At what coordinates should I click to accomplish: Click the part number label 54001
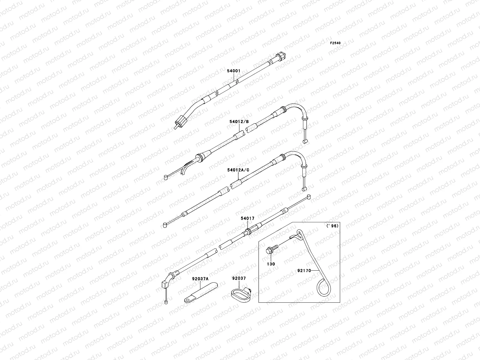pyautogui.click(x=233, y=71)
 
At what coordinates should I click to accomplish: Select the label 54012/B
pyautogui.click(x=239, y=121)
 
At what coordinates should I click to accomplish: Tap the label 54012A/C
pyautogui.click(x=238, y=170)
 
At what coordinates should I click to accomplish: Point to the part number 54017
pyautogui.click(x=247, y=218)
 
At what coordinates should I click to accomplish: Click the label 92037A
pyautogui.click(x=200, y=279)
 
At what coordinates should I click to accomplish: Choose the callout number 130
pyautogui.click(x=271, y=264)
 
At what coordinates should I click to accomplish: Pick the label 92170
pyautogui.click(x=304, y=271)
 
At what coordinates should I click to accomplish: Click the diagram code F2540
pyautogui.click(x=335, y=43)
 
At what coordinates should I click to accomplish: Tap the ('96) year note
pyautogui.click(x=332, y=226)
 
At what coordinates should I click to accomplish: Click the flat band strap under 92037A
pyautogui.click(x=201, y=292)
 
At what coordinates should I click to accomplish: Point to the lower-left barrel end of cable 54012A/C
pyautogui.click(x=165, y=225)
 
